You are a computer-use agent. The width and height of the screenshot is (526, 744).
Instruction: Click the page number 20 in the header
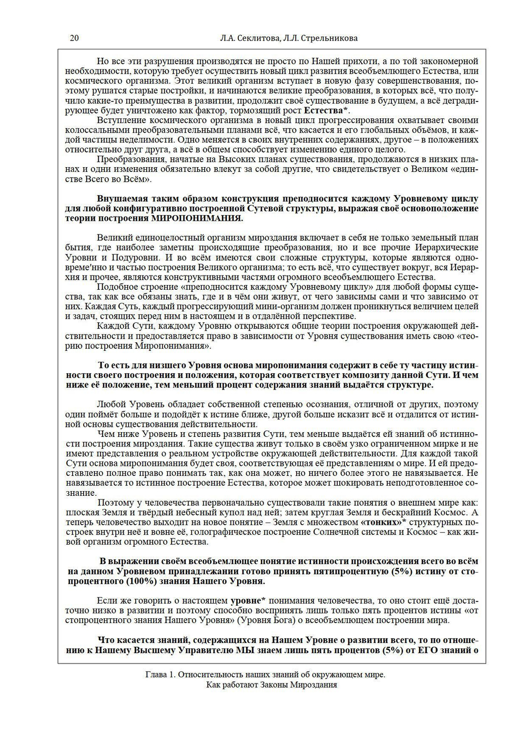point(74,38)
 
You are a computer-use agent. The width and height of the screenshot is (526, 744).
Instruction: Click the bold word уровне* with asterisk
point(248,600)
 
